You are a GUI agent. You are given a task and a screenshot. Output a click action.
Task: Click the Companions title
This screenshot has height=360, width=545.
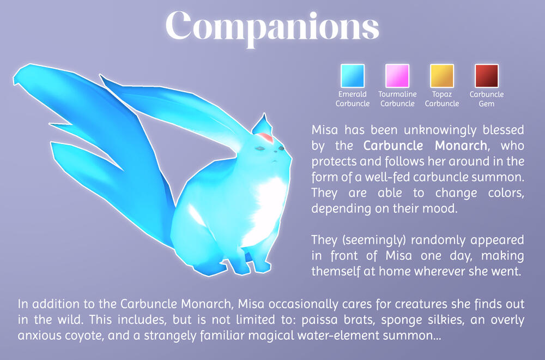[x=272, y=25]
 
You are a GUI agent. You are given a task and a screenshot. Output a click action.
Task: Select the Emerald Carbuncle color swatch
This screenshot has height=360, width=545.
[x=352, y=76]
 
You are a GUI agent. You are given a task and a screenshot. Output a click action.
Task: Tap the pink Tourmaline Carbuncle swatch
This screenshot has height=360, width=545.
[x=397, y=76]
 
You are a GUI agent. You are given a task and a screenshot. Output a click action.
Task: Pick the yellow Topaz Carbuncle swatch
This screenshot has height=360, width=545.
[x=442, y=76]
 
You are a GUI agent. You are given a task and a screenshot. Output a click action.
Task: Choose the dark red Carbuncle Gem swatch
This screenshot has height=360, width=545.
[x=487, y=76]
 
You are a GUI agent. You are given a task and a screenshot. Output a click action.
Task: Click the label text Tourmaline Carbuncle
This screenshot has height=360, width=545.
[x=397, y=99]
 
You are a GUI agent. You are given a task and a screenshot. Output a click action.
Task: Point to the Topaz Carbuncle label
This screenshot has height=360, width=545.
[x=442, y=99]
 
